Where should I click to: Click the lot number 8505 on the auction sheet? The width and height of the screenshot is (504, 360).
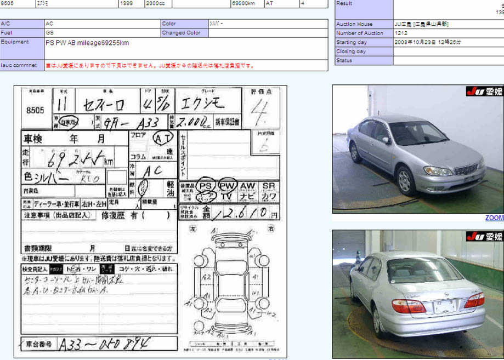point(35,110)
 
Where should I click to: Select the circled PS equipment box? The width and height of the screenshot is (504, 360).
point(205,186)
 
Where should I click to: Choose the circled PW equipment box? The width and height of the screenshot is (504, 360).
point(226,186)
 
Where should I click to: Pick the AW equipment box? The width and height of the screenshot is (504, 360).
point(247,186)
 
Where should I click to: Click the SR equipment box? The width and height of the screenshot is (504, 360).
point(268,186)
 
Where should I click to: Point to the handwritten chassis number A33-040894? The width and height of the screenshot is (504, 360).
point(104,344)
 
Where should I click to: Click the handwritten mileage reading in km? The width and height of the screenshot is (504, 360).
point(71,159)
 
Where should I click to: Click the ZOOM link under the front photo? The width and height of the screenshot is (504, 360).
point(494,218)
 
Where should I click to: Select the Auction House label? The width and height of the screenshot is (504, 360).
point(354,24)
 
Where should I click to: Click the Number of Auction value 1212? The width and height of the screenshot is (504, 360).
point(401,33)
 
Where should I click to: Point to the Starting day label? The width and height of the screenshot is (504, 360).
point(352,42)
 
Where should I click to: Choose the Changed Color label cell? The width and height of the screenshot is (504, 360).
point(182,33)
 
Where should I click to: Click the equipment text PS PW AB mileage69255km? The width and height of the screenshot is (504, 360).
point(87,42)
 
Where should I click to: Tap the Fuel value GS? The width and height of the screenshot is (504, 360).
point(49,33)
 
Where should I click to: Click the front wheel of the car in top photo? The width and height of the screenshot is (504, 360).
point(406,181)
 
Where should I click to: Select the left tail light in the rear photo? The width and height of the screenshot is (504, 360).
point(409,306)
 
